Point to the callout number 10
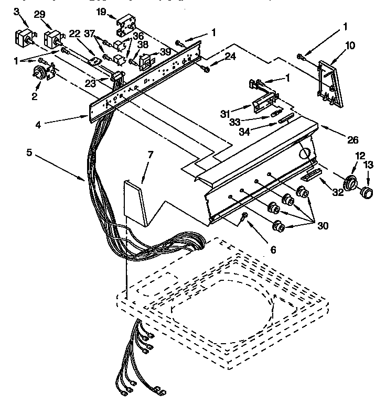coord(349,46)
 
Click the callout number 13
coord(368,165)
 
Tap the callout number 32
coord(337,192)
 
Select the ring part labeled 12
coord(351,184)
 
